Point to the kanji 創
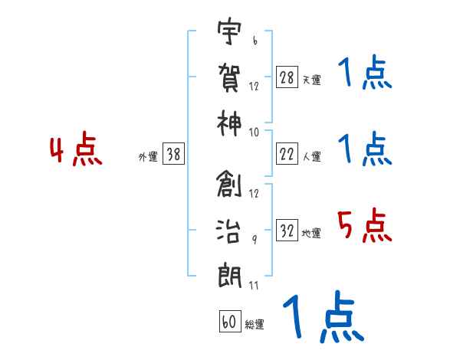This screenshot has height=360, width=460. coord(230,184)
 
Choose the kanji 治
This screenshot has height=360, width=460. coord(230,228)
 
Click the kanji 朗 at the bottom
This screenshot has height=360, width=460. coord(230,273)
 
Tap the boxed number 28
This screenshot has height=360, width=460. coord(287,77)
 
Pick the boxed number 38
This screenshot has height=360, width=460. coord(173,155)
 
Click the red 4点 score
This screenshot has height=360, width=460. coord(76,151)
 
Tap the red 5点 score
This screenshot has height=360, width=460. coord(365,227)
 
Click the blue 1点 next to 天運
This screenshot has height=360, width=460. coord(365,74)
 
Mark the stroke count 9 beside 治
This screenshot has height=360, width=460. coord(255,239)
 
